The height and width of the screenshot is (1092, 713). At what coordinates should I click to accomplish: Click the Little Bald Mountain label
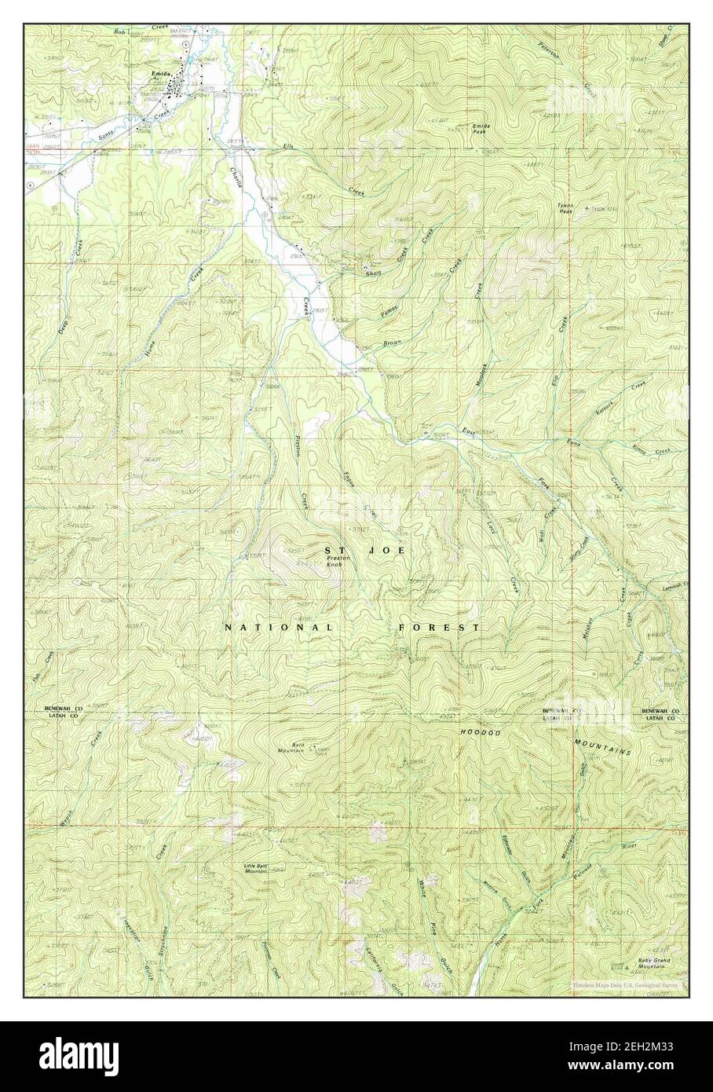click(x=257, y=868)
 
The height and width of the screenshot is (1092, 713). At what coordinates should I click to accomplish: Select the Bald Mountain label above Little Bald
click(x=291, y=749)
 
